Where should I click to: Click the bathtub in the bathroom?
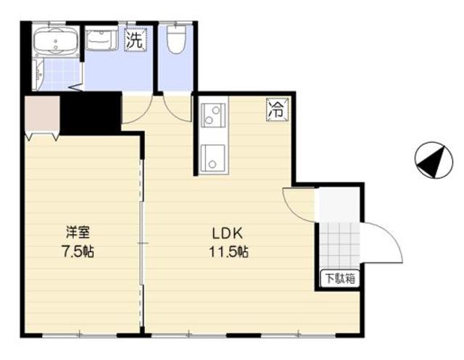click(x=57, y=43)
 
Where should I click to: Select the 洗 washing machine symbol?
click(x=135, y=41)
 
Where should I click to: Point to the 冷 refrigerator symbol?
click(x=276, y=109)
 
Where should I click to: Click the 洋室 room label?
click(x=78, y=233)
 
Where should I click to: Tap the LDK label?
click(x=231, y=233)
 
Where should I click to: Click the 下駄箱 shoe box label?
click(x=339, y=278)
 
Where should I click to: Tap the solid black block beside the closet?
click(x=90, y=113)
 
